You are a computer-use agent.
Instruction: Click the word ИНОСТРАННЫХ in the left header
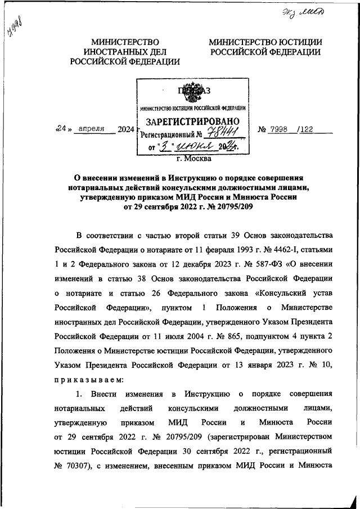(125, 52)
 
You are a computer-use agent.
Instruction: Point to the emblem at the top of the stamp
(192, 92)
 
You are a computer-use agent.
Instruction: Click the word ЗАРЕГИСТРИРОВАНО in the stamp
(193, 122)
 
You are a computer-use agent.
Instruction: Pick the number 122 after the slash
(307, 129)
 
